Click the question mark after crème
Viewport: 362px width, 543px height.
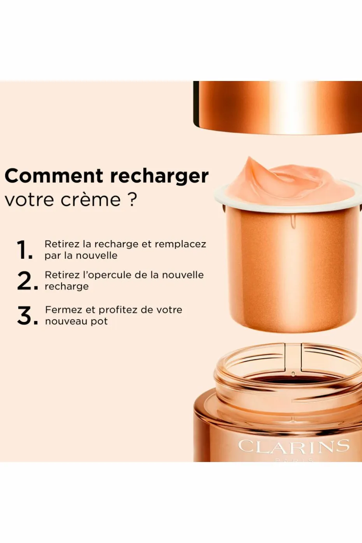pos(131,199)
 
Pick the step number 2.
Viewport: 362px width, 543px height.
pos(28,281)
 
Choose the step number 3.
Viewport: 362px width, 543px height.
pos(28,315)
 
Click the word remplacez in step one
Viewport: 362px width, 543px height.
pos(180,244)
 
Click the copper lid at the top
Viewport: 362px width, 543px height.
pos(278,107)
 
